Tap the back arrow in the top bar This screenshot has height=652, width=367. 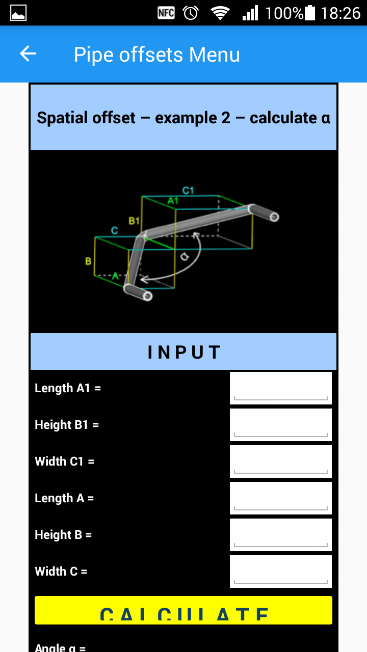[x=28, y=54]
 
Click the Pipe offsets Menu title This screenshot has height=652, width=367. [x=156, y=55]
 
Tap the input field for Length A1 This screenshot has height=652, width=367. [x=280, y=388]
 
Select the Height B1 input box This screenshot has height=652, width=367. [x=280, y=425]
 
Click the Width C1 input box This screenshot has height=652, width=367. [x=280, y=461]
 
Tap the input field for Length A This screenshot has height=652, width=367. [x=280, y=498]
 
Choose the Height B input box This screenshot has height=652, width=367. [x=280, y=535]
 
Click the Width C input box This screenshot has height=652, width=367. [x=280, y=572]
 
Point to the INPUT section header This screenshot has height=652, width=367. [x=183, y=352]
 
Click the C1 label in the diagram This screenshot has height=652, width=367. [x=188, y=191]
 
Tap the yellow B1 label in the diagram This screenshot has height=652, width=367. [x=134, y=221]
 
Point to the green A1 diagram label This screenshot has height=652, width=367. [x=173, y=201]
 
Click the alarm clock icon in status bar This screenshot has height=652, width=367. [x=191, y=13]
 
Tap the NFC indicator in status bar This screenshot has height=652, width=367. [x=166, y=13]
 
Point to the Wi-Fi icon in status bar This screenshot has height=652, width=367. [x=220, y=13]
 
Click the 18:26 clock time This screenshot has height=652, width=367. [x=340, y=13]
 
